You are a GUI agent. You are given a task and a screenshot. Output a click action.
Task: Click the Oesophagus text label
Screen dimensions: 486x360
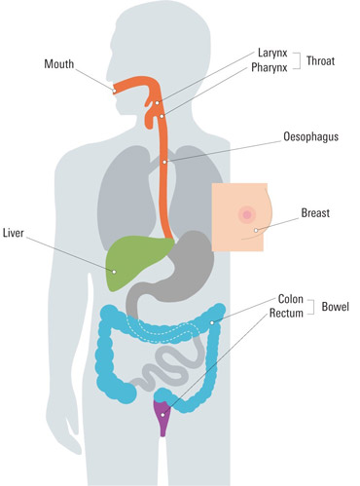pos(310,137)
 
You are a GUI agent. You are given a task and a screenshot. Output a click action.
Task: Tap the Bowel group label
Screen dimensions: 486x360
pos(336,307)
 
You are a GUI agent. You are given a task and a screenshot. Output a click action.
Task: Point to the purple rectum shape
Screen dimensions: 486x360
pos(163,417)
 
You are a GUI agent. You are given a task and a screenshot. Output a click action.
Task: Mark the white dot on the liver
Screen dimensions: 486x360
pos(113,272)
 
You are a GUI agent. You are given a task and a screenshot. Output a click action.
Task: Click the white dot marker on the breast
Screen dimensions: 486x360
pos(256,231)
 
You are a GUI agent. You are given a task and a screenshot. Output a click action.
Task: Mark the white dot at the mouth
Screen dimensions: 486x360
pos(114,92)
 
